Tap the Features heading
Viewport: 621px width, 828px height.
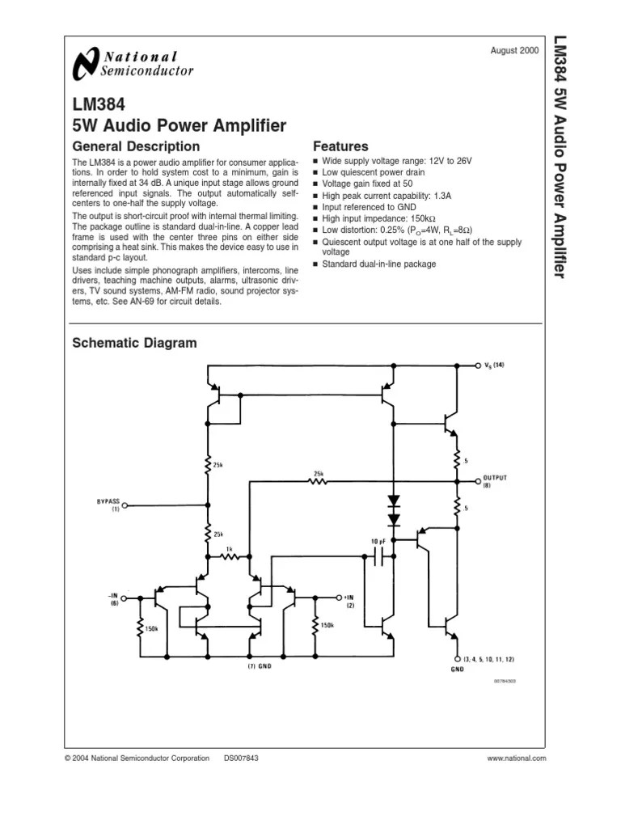[340, 146]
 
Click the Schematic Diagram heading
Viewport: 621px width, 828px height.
[134, 343]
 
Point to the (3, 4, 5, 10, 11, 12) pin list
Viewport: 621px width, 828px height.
[490, 660]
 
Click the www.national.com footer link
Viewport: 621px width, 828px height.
[517, 758]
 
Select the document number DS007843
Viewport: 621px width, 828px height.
[241, 758]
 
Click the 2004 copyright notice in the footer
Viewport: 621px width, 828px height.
[137, 758]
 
